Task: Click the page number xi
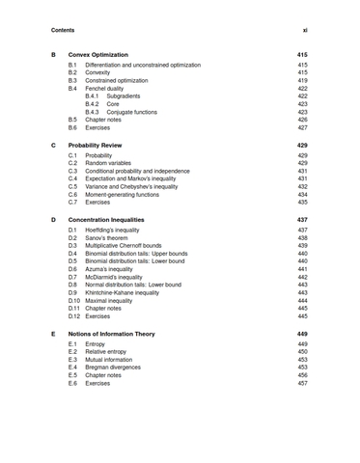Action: pyautogui.click(x=302, y=30)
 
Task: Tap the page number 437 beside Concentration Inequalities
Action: pyautogui.click(x=301, y=220)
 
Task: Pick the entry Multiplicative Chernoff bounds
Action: pyautogui.click(x=134, y=246)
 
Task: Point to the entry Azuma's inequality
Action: pyautogui.click(x=116, y=269)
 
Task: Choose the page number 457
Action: pyautogui.click(x=301, y=383)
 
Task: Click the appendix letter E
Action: pyautogui.click(x=53, y=334)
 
